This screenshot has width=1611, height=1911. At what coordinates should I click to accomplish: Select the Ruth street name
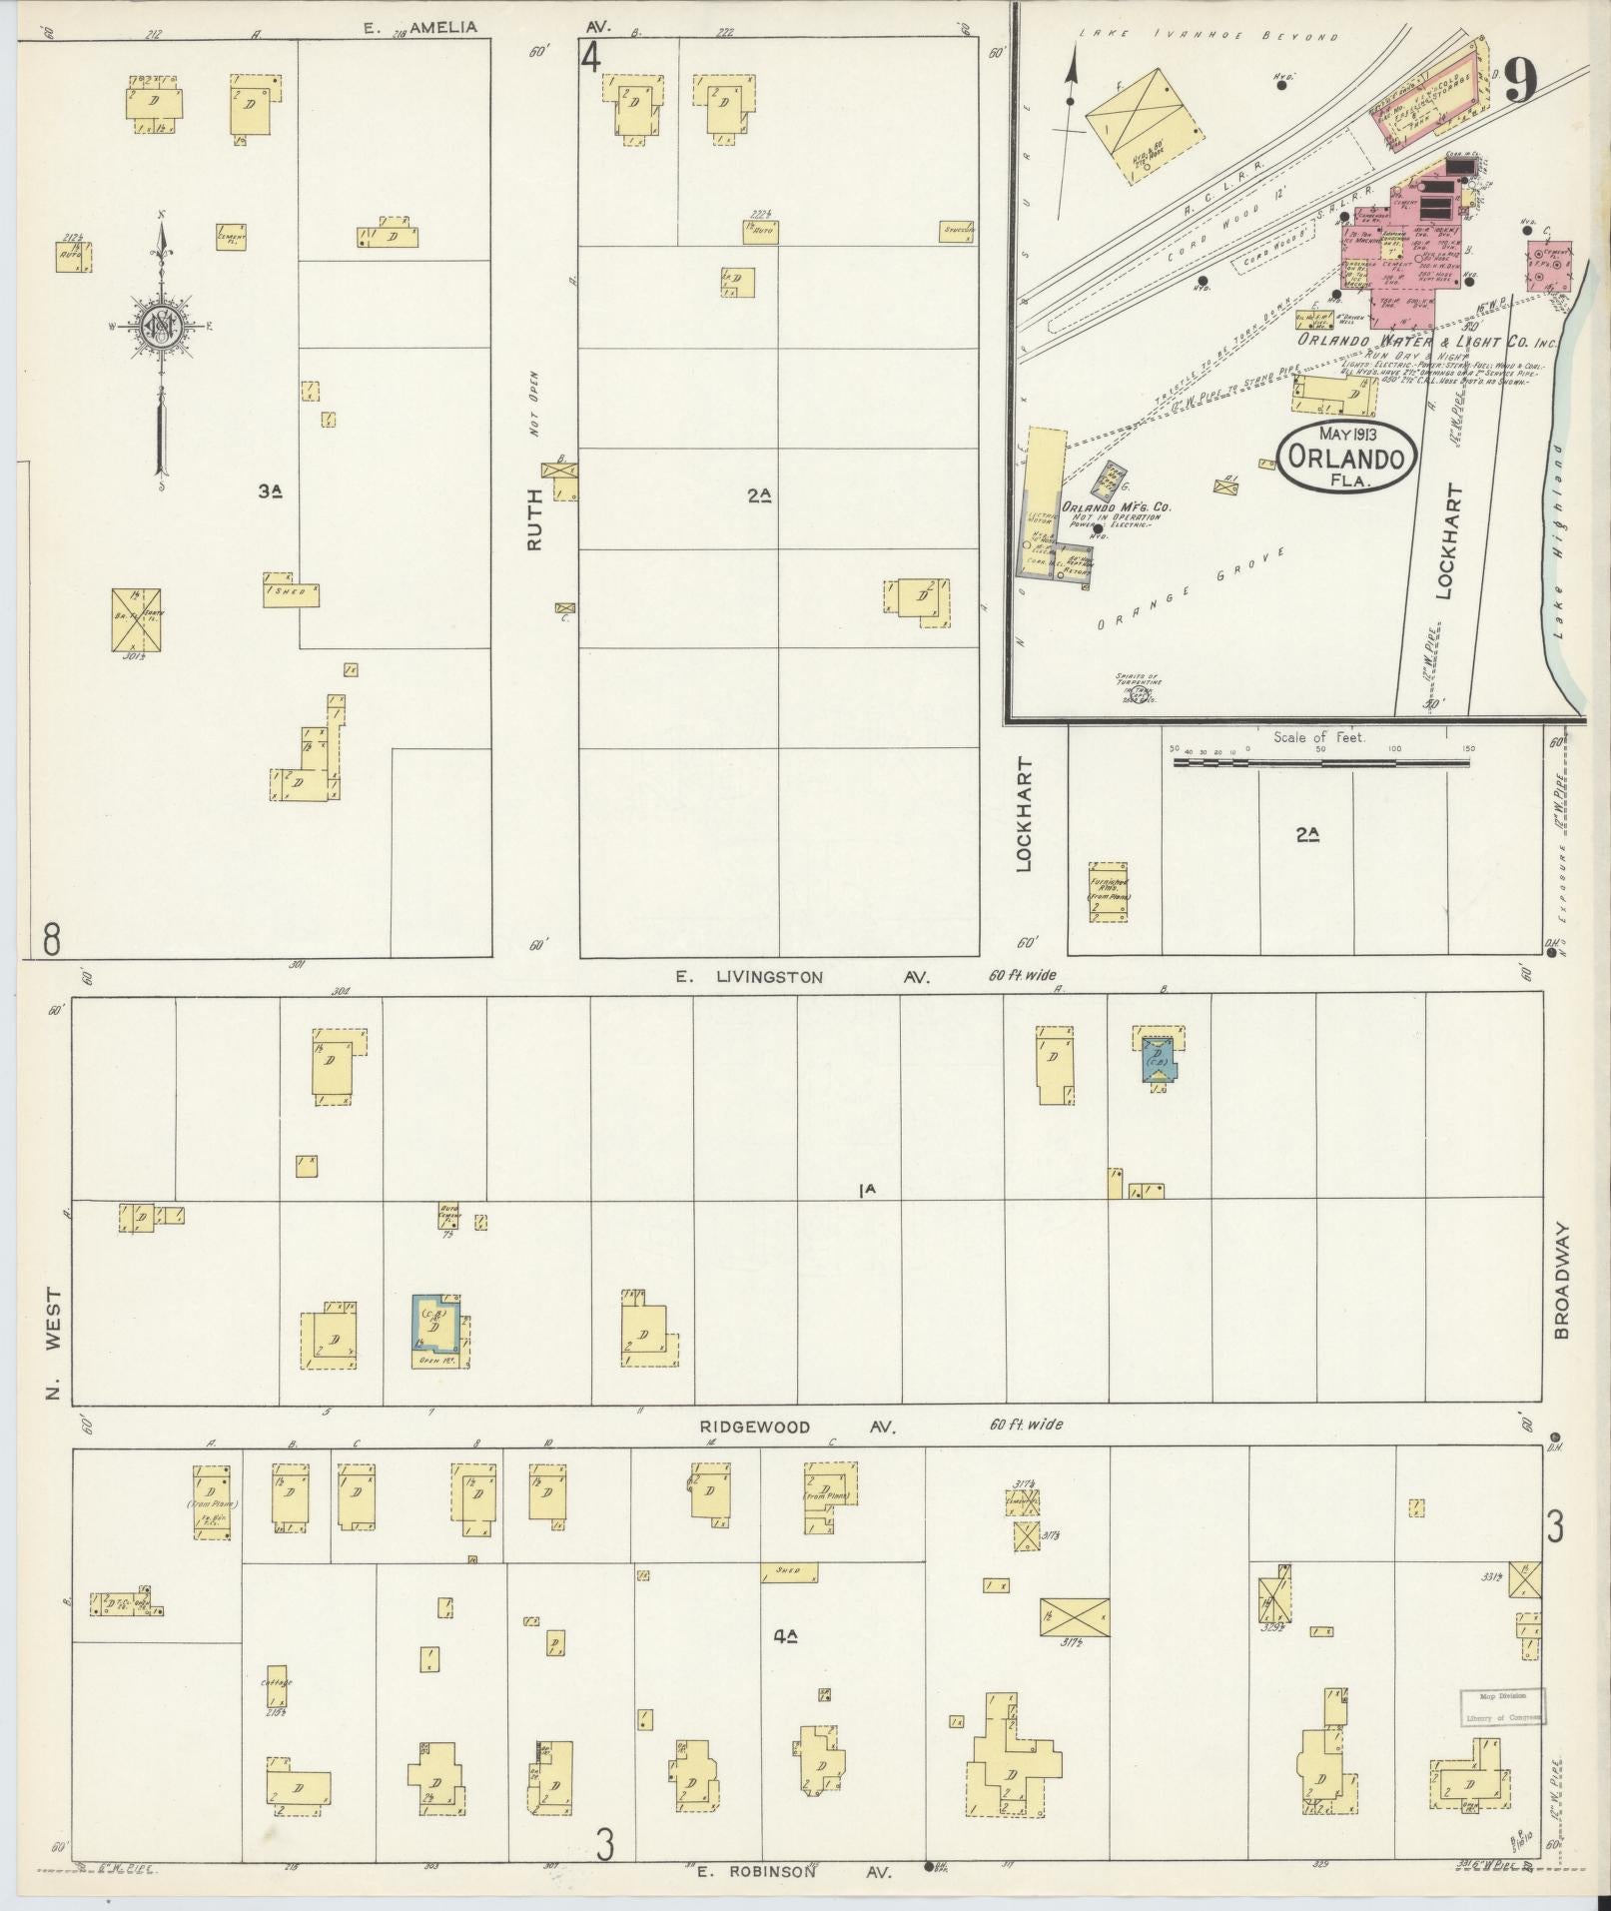(536, 518)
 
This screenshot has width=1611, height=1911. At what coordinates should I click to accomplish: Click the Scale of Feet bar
(1320, 763)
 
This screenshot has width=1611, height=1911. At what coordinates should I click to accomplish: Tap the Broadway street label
(1562, 1282)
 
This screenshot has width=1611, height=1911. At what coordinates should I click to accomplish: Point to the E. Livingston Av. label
(802, 978)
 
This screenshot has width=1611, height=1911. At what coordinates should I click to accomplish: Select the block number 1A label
(866, 1190)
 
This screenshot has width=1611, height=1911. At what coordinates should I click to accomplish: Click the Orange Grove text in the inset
(1189, 589)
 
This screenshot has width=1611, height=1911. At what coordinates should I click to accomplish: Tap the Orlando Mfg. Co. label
(1116, 507)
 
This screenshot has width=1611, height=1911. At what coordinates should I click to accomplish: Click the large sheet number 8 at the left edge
(52, 939)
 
